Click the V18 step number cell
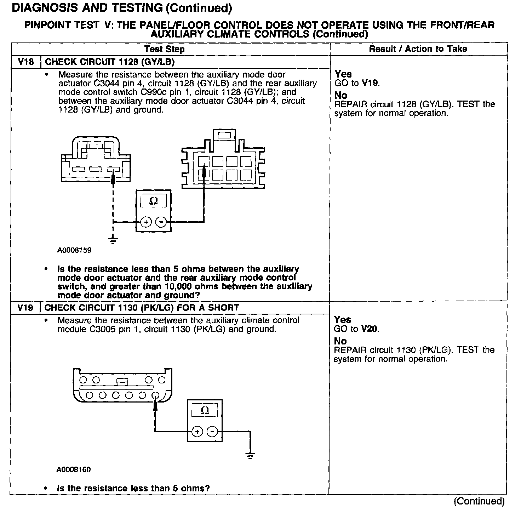click(x=26, y=62)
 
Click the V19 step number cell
click(x=25, y=307)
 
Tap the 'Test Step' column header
click(x=165, y=49)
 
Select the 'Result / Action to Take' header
click(x=418, y=49)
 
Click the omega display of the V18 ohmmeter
click(x=154, y=201)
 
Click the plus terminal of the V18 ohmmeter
click(x=146, y=222)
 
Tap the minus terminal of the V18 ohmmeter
click(x=161, y=222)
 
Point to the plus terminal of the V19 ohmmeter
click(x=197, y=432)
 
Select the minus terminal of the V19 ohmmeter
click(x=212, y=432)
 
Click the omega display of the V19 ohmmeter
click(x=205, y=411)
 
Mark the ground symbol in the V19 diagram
click(x=250, y=455)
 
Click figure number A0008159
click(x=74, y=250)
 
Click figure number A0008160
click(x=74, y=470)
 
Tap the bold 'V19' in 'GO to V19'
click(x=370, y=83)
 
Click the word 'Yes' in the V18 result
click(x=343, y=74)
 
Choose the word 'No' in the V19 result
click(x=340, y=341)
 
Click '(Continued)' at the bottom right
click(x=479, y=501)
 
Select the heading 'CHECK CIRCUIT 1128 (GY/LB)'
click(x=110, y=62)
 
